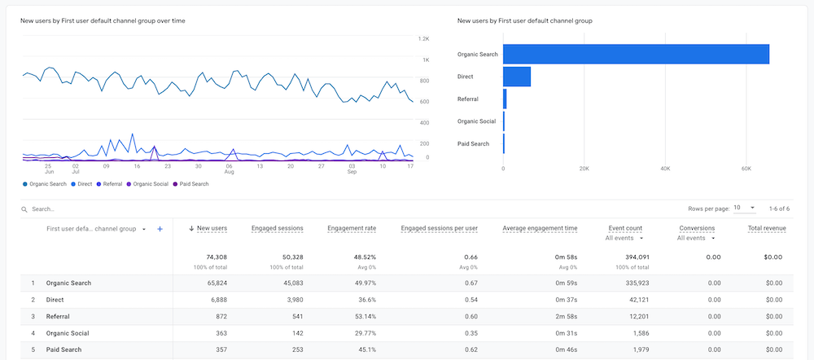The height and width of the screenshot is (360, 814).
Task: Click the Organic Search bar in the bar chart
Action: [x=635, y=54]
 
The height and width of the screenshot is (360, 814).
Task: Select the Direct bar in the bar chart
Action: [x=517, y=77]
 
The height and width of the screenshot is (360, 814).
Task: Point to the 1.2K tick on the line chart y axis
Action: [x=423, y=39]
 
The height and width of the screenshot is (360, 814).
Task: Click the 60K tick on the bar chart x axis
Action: [x=746, y=169]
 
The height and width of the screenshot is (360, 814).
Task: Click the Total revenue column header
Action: [x=766, y=229]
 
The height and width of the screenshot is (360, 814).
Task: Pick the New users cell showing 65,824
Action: [x=212, y=283]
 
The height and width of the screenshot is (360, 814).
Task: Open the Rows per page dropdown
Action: [x=745, y=209]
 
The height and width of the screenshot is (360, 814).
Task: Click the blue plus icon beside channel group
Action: [x=160, y=229]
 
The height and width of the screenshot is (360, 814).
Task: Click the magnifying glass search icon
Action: [x=24, y=209]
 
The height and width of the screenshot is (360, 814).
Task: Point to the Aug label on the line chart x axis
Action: [x=230, y=172]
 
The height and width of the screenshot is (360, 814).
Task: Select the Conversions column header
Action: [x=696, y=229]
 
